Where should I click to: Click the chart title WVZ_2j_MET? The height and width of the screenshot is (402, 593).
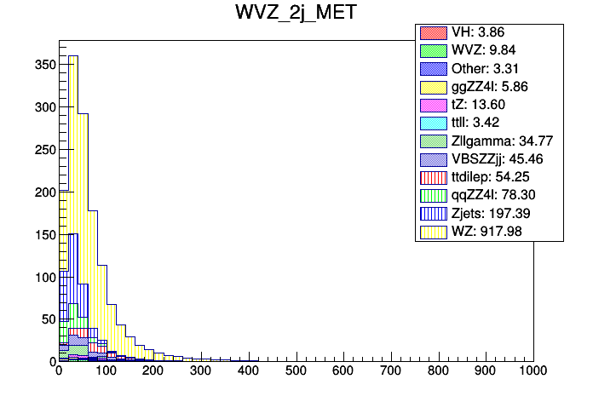(296, 14)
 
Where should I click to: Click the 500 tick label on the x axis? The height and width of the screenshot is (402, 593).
(296, 372)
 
